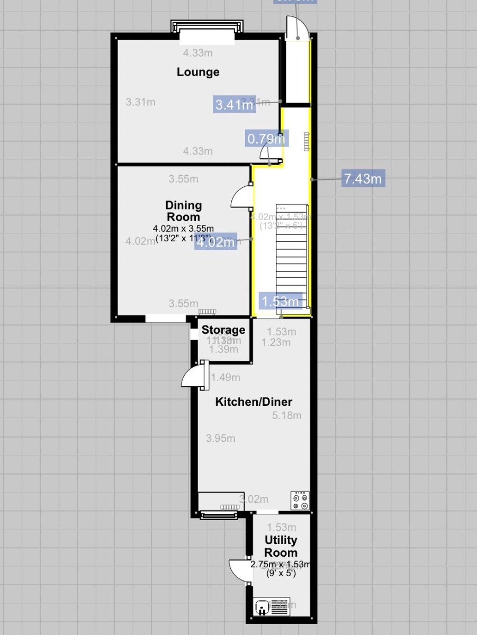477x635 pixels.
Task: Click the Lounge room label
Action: click(x=198, y=72)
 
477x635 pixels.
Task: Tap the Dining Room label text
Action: click(x=183, y=211)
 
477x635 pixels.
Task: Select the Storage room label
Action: click(x=223, y=330)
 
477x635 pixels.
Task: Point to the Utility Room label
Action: click(x=281, y=547)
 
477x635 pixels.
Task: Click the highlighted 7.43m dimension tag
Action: click(x=363, y=179)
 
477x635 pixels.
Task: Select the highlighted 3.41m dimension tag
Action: click(x=234, y=105)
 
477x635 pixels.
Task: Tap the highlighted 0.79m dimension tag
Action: click(x=266, y=139)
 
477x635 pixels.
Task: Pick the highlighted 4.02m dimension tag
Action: click(x=215, y=243)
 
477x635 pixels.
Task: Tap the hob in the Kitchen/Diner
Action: click(x=300, y=501)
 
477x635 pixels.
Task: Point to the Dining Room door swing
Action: click(x=241, y=197)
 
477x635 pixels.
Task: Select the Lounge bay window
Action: click(x=207, y=30)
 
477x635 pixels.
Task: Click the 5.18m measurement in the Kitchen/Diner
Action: click(x=286, y=415)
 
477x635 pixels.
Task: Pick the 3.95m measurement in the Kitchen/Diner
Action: click(x=220, y=438)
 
